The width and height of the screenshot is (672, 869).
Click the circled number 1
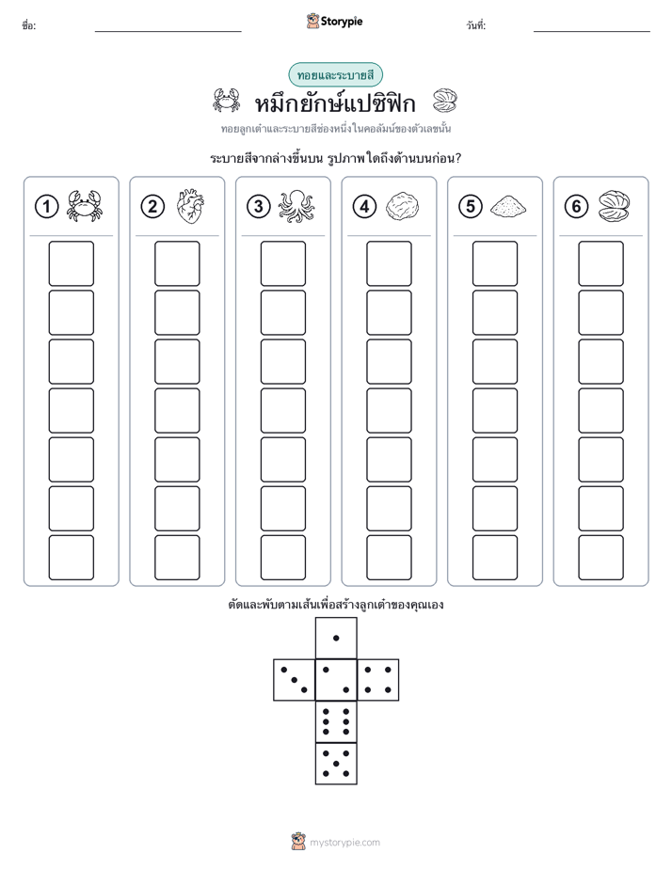click(46, 207)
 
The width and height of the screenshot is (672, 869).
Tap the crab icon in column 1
click(85, 206)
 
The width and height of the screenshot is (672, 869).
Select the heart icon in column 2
click(190, 207)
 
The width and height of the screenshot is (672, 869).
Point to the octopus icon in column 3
click(296, 207)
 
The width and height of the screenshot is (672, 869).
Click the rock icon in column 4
click(402, 207)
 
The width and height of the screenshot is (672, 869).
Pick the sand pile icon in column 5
click(508, 206)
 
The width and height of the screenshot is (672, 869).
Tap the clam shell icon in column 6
click(615, 207)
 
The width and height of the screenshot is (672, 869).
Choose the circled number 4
click(364, 207)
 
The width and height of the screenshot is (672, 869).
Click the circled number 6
click(576, 207)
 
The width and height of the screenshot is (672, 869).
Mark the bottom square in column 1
click(71, 558)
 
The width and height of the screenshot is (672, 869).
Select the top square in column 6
click(600, 263)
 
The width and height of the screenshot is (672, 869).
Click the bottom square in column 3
click(282, 558)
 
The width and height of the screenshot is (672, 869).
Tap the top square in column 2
click(177, 263)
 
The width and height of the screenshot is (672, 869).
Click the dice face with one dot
click(336, 639)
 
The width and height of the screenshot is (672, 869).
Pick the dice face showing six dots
click(336, 721)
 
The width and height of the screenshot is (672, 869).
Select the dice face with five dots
click(336, 764)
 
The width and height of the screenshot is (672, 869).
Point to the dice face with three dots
click(295, 680)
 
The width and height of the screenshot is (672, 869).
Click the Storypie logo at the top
click(334, 21)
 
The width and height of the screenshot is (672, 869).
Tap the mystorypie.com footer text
click(344, 843)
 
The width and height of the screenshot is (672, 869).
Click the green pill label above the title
click(335, 75)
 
